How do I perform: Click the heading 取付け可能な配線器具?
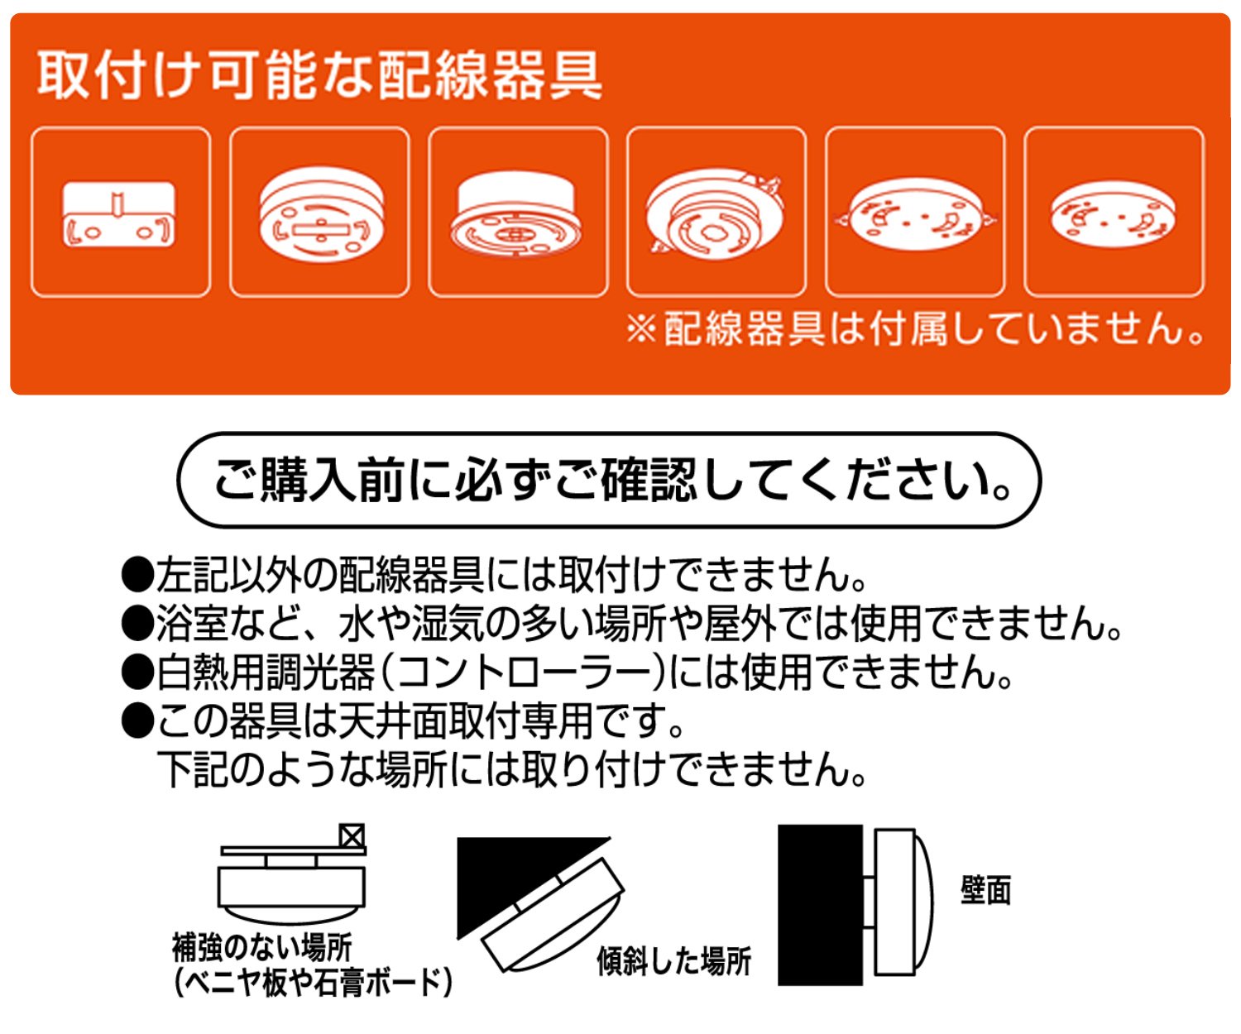[x=319, y=76]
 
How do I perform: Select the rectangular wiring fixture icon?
[x=119, y=215]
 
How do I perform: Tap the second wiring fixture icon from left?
[x=322, y=214]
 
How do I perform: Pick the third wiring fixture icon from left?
[x=516, y=214]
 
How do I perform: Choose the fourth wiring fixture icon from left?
[x=716, y=214]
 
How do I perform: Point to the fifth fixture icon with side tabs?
[x=915, y=214]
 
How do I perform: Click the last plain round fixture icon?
[x=1113, y=214]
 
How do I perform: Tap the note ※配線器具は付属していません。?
[x=915, y=328]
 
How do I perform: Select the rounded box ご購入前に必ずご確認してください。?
[x=609, y=480]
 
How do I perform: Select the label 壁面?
[x=985, y=890]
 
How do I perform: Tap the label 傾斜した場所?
[x=674, y=961]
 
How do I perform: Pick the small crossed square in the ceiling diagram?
[x=352, y=836]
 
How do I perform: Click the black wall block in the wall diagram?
[x=820, y=904]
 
